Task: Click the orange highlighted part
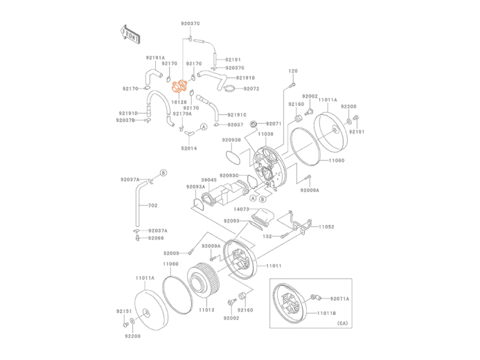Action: tap(179, 87)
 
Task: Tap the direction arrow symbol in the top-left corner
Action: tap(130, 33)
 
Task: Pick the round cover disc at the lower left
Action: tap(146, 312)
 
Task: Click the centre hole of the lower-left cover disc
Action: tap(147, 315)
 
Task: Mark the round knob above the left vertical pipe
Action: tap(163, 172)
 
